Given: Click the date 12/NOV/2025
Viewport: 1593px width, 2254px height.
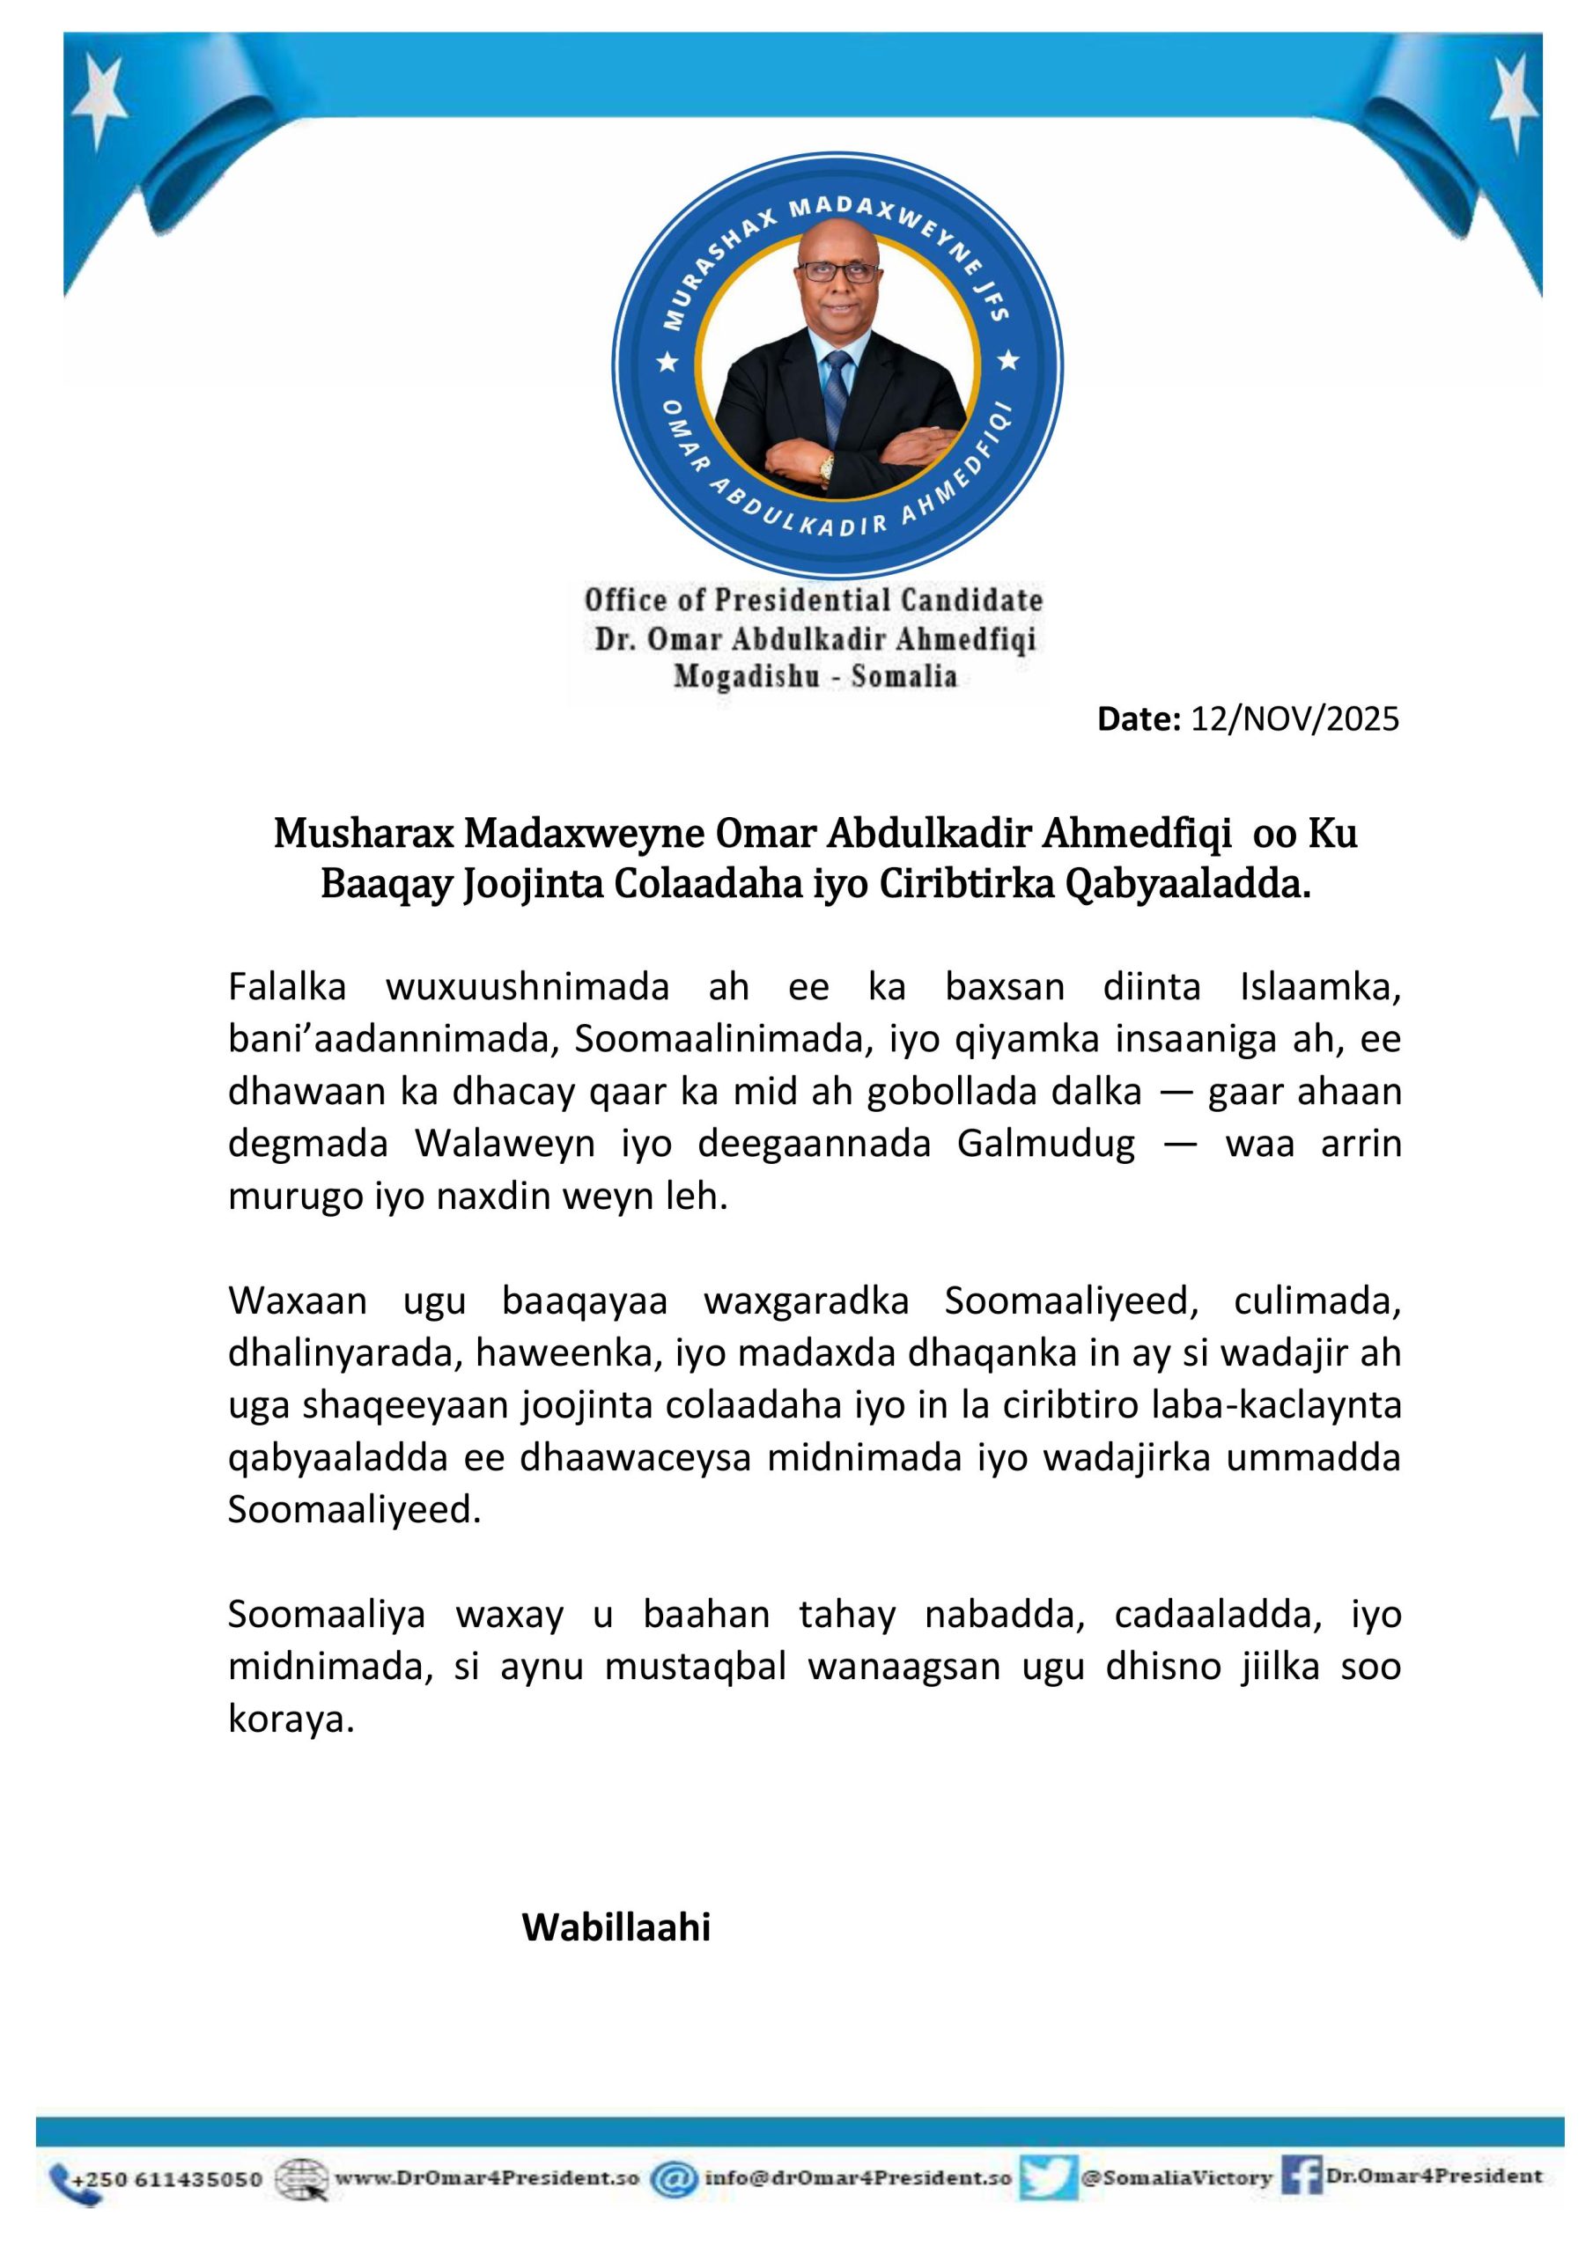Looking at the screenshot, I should (x=1294, y=719).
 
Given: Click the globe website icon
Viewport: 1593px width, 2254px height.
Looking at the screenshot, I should (x=300, y=2179).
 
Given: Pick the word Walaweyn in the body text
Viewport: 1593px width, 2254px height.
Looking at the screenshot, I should (x=505, y=1144).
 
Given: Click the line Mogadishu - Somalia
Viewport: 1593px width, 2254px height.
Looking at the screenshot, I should (x=815, y=676).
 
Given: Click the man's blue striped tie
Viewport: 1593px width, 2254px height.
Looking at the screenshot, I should (x=836, y=393).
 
